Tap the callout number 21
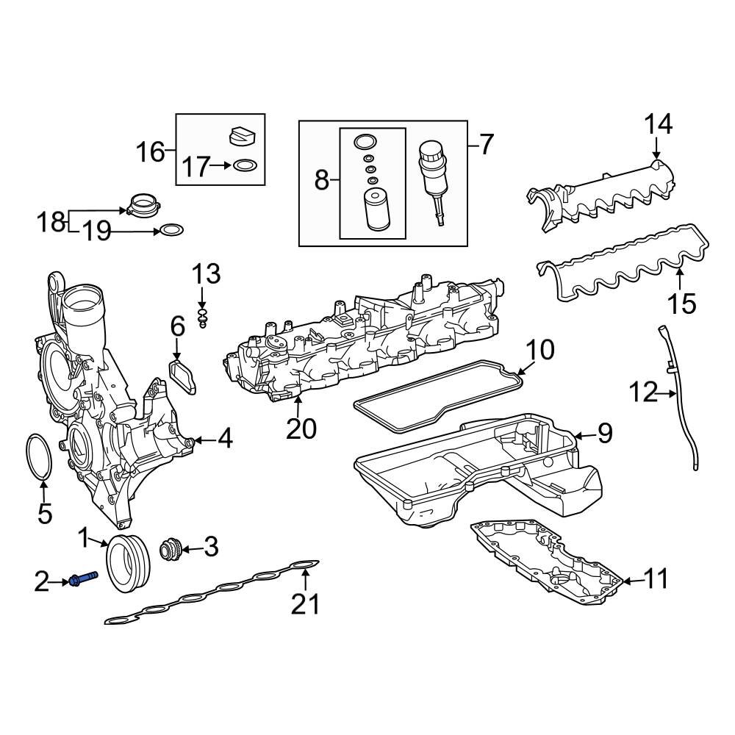305,604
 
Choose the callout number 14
658,124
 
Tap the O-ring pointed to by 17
245,166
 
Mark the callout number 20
301,428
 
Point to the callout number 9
604,434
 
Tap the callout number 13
206,274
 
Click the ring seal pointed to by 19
171,231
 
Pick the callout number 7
486,144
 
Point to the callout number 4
224,440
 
